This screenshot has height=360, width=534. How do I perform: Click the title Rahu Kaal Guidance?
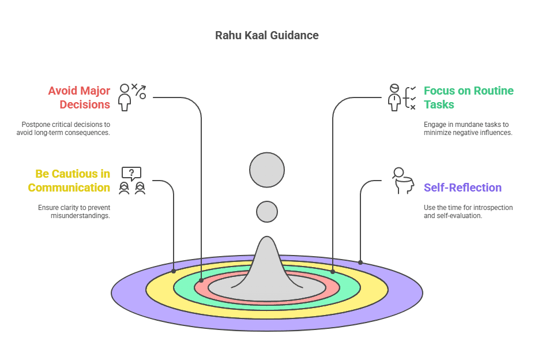266,35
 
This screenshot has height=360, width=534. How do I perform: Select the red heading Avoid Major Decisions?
79,97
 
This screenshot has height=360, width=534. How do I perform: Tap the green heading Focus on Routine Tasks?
468,97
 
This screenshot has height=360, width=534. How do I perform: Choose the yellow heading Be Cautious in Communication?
69,181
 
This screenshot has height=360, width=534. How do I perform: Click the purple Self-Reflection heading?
462,187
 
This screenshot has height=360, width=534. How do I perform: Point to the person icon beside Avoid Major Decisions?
125,97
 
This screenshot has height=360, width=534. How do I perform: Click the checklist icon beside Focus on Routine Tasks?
403,97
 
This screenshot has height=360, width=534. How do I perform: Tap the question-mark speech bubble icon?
131,173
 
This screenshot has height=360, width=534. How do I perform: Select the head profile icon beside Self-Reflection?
402,181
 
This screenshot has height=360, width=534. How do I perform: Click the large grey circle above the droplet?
267,171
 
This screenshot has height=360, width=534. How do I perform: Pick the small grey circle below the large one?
267,212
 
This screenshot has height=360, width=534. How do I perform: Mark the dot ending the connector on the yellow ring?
174,271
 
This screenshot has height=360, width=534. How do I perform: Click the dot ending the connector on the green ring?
333,271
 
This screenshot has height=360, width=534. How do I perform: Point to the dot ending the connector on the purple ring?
360,262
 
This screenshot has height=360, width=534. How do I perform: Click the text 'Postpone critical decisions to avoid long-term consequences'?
63,129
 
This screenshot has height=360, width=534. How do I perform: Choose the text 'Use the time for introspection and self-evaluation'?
468,211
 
